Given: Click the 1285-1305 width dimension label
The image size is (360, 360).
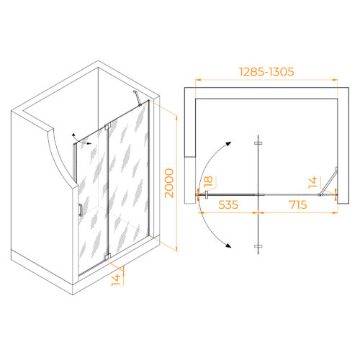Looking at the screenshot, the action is (x=266, y=72).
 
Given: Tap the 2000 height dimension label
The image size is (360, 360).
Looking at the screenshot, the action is (x=169, y=183).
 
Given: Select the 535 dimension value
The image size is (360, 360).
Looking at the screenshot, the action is (x=228, y=204).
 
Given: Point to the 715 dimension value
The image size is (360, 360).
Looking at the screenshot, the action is (x=298, y=204).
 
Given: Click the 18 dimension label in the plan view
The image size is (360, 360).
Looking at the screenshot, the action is (x=208, y=181).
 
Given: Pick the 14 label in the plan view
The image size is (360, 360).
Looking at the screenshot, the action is (x=313, y=182).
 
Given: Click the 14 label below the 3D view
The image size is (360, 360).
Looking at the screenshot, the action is (x=116, y=280).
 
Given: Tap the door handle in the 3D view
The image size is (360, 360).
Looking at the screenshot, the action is (x=81, y=210).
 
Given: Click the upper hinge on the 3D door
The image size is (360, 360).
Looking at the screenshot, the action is (x=107, y=127).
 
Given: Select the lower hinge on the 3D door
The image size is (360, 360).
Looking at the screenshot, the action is (x=107, y=256).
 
